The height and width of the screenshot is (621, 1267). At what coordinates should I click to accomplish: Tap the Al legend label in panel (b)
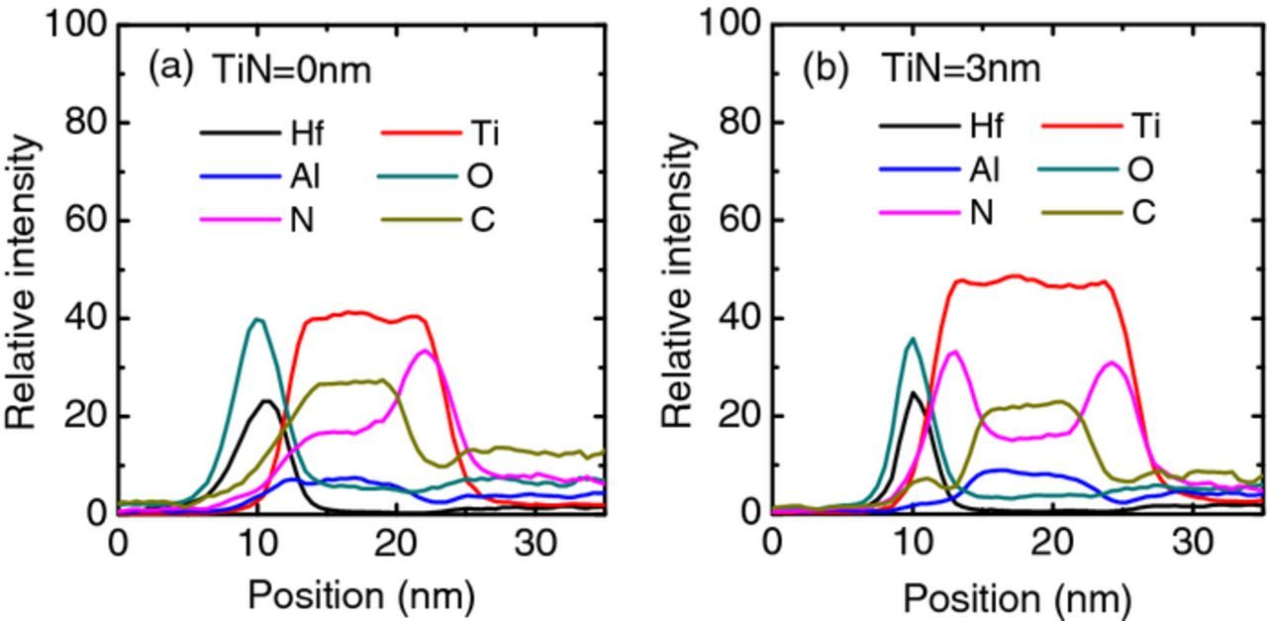click(x=984, y=170)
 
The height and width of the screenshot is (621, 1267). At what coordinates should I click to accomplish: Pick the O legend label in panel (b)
click(x=1140, y=170)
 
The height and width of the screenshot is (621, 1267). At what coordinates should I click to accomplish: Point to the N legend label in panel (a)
click(x=301, y=220)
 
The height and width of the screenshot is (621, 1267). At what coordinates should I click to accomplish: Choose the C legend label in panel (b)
click(x=1142, y=213)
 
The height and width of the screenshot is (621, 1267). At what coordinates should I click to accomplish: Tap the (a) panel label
click(x=170, y=68)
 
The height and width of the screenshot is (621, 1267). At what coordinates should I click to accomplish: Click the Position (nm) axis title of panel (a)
click(x=361, y=595)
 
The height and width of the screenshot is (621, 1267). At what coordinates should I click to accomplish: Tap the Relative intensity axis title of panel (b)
click(x=678, y=280)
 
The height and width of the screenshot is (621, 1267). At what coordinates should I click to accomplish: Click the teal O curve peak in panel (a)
click(x=258, y=319)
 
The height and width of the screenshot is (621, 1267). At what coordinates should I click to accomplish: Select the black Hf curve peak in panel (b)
click(x=914, y=392)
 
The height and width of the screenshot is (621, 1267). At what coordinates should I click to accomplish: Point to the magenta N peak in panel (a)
click(x=425, y=351)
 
